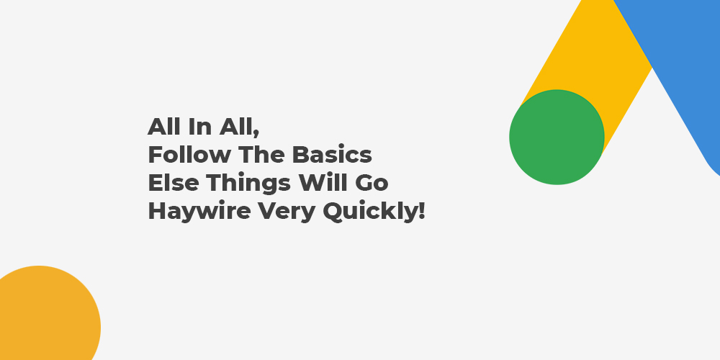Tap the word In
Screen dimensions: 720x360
coord(199,127)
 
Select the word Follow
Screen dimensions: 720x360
coord(189,156)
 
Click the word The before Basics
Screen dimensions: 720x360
coord(261,156)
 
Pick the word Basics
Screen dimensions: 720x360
coord(332,156)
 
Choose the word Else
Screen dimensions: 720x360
coord(173,183)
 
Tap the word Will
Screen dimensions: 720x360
coord(323,183)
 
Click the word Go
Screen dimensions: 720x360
coord(372,183)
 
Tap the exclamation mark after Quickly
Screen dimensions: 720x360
coord(423,211)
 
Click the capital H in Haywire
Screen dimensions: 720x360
coord(157,211)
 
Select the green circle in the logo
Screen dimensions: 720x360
coord(557,137)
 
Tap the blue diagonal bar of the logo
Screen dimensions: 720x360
coord(675,69)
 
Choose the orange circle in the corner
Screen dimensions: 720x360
coord(46,317)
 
